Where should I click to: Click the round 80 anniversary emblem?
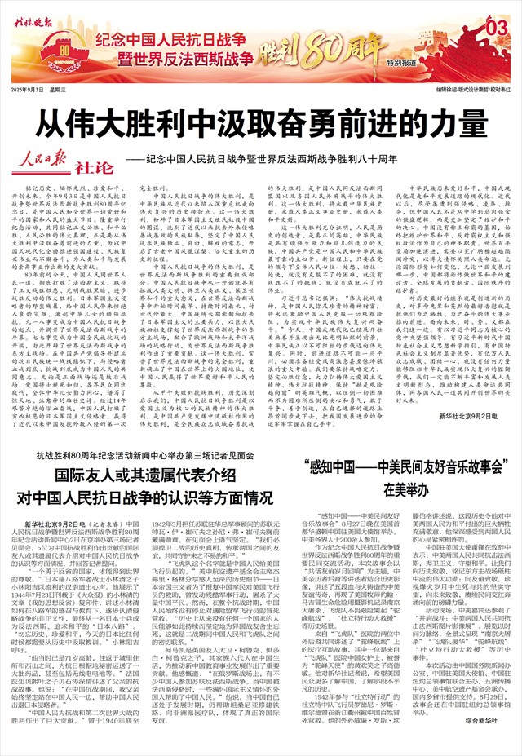[x=66, y=54]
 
